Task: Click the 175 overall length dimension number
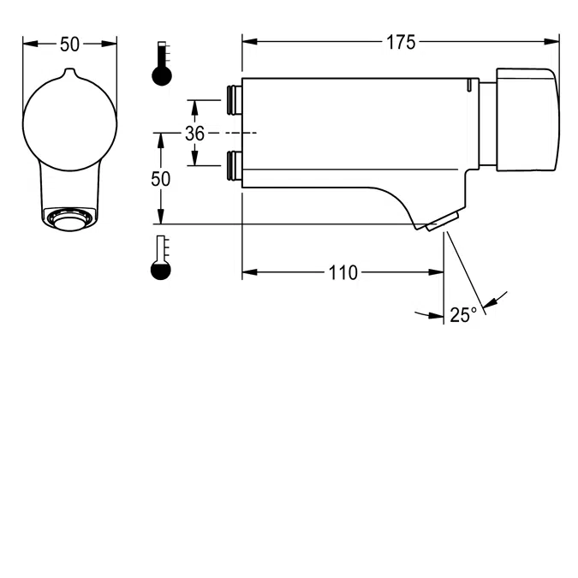[x=400, y=42]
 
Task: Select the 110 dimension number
[x=343, y=273]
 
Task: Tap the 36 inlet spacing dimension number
[x=194, y=134]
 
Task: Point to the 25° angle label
[x=462, y=315]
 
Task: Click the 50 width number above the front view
[x=69, y=43]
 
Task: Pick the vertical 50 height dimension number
[x=160, y=179]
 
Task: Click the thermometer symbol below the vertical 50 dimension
[x=161, y=259]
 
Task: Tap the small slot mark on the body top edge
[x=469, y=85]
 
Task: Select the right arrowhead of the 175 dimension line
[x=552, y=41]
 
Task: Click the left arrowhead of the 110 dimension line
[x=249, y=273]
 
